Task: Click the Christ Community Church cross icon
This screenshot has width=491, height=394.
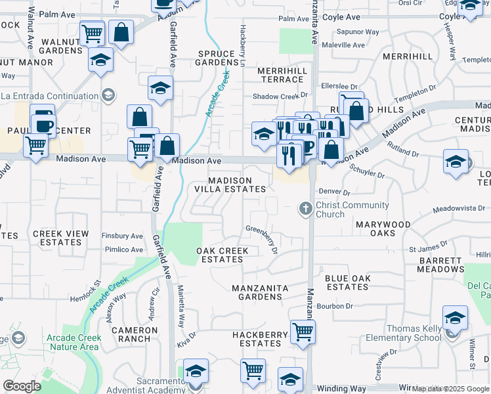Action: tap(305, 209)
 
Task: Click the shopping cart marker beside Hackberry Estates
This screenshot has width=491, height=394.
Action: tap(303, 332)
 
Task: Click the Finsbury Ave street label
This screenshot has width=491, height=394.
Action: tap(123, 236)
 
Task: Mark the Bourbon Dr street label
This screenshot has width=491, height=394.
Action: tap(335, 306)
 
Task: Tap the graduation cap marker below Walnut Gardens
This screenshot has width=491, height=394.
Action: tap(100, 60)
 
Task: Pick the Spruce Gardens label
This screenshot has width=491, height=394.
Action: tap(216, 58)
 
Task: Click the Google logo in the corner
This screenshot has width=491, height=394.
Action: tap(22, 386)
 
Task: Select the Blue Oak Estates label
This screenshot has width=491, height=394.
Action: tap(347, 282)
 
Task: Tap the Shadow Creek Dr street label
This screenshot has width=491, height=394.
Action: tap(280, 97)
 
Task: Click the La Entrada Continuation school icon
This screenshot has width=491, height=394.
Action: tap(108, 96)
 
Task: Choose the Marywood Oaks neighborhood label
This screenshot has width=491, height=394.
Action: tap(383, 229)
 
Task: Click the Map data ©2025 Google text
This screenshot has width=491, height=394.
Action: tap(450, 389)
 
